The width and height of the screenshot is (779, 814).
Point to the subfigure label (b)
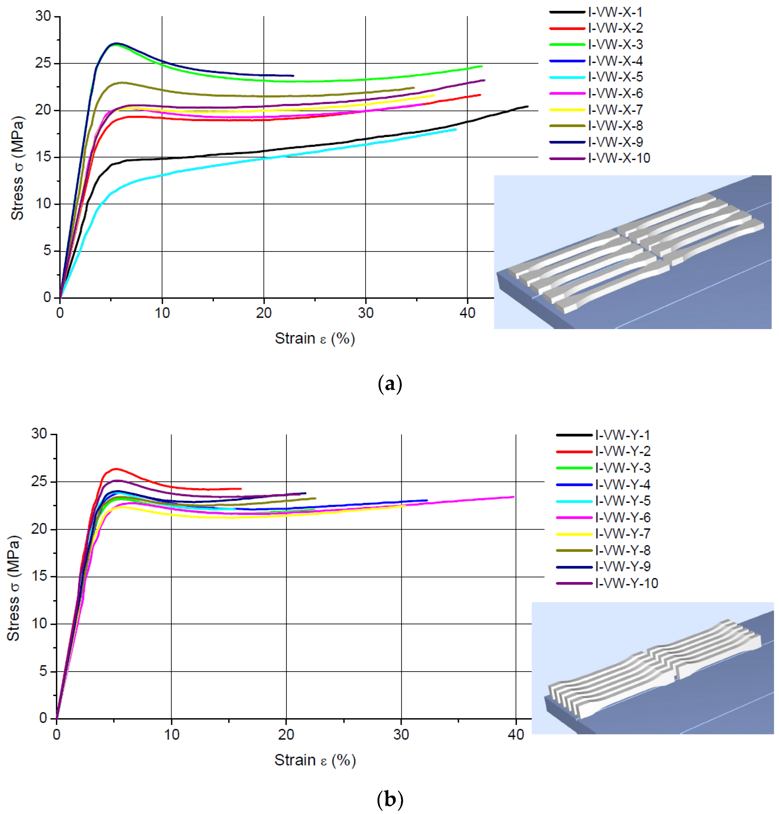click(390, 799)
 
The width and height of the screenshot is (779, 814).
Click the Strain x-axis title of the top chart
click(315, 339)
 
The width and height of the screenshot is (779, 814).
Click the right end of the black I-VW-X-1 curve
click(528, 106)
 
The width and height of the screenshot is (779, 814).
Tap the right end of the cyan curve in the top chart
click(456, 129)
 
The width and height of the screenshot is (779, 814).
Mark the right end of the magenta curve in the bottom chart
click(514, 497)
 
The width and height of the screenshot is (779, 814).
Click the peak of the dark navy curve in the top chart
click(116, 43)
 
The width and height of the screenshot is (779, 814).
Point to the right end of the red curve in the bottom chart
click(241, 489)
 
